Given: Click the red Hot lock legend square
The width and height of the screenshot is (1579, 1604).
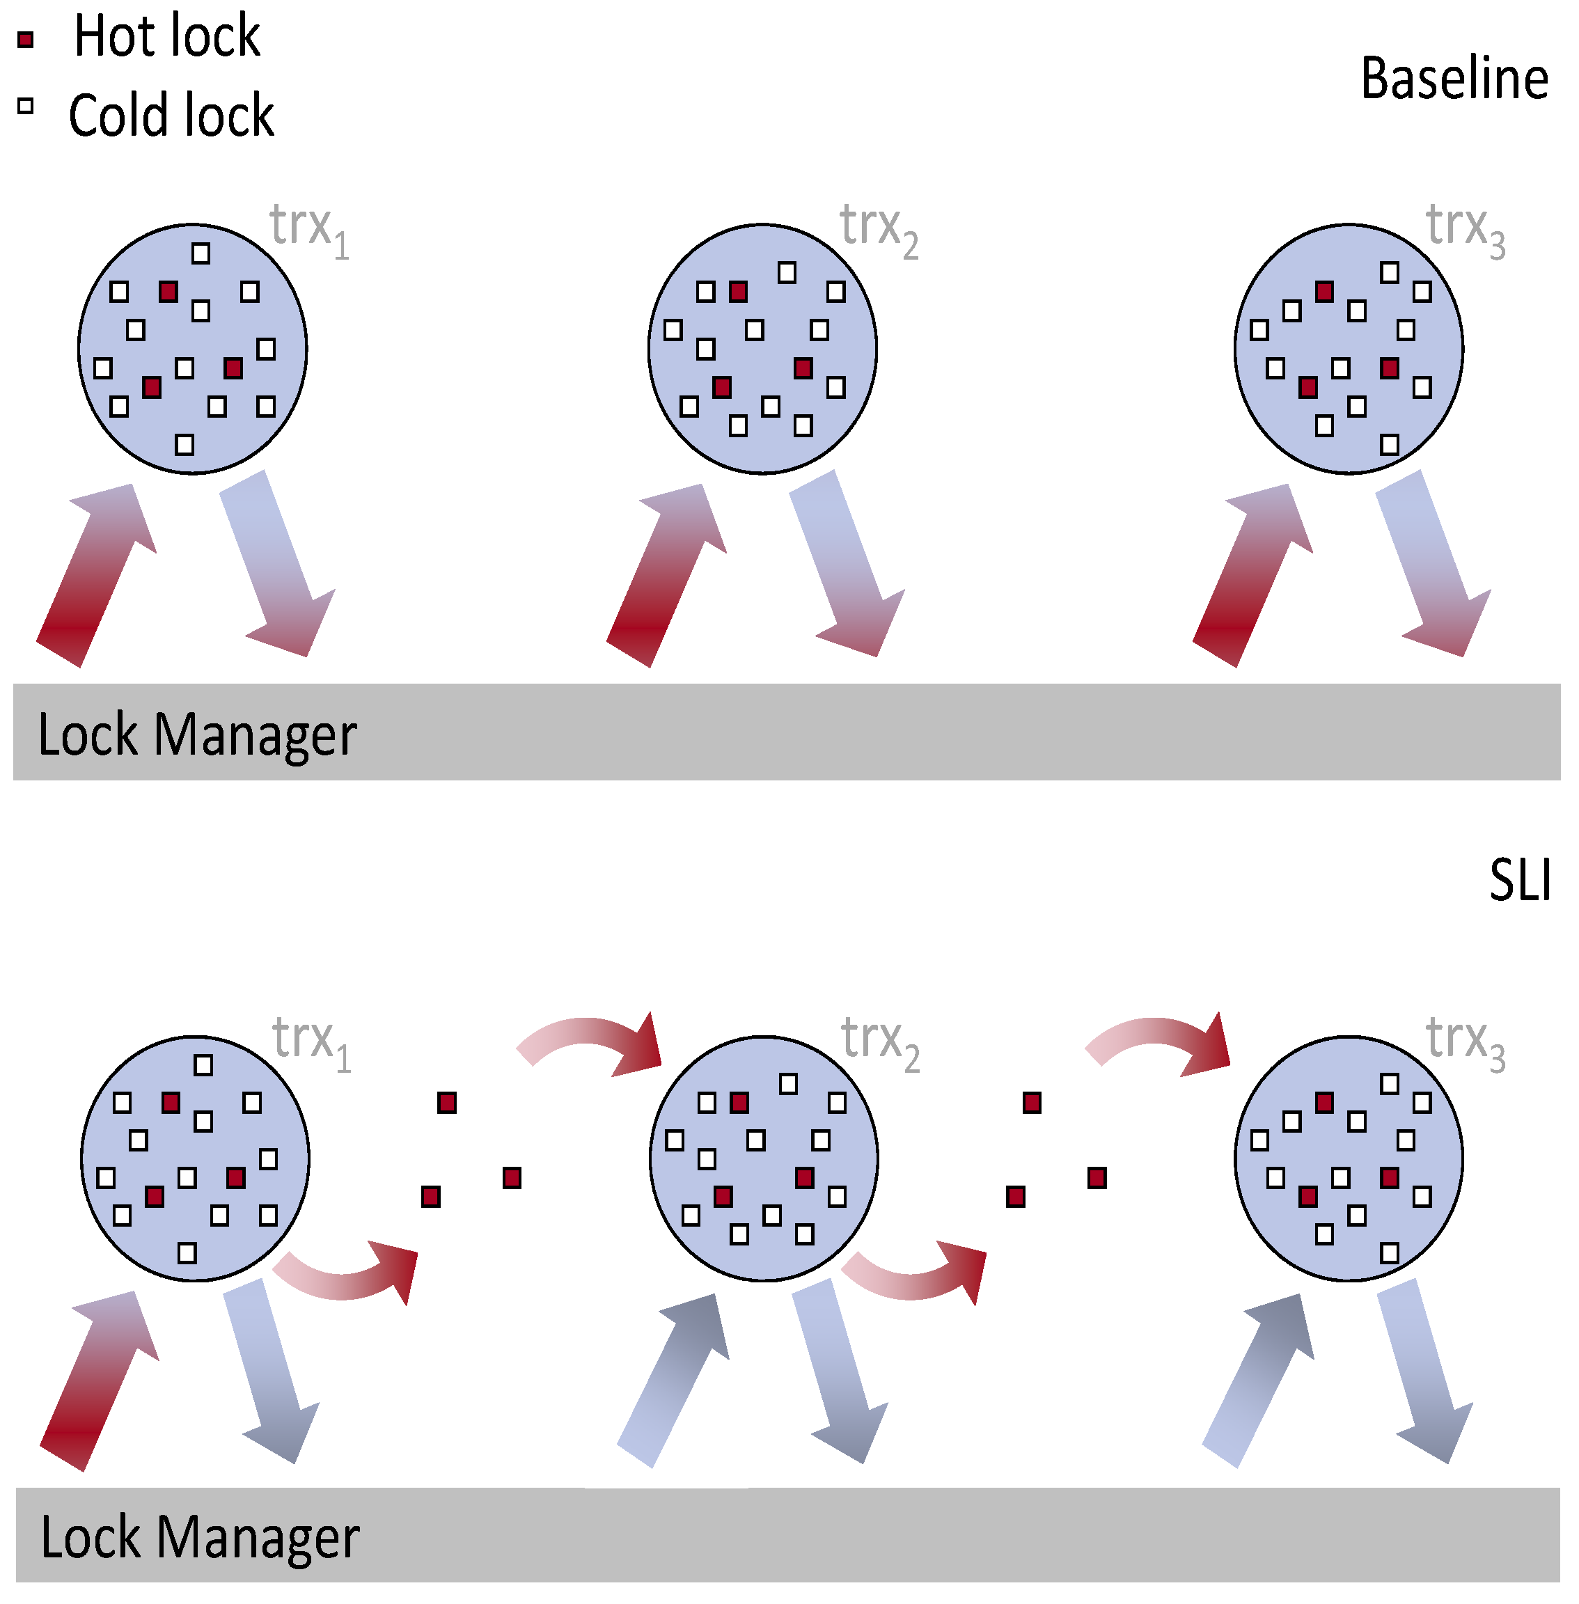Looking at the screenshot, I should coord(26,39).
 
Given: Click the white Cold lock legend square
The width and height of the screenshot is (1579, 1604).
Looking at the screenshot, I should coord(26,106).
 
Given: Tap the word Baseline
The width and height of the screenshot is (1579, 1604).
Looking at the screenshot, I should coord(1454,79).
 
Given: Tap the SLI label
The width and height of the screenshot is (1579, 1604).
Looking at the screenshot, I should coord(1519,880).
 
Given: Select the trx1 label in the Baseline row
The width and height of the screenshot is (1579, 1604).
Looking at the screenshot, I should coord(309,230).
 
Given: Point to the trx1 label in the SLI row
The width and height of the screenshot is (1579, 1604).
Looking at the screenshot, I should coord(312,1042).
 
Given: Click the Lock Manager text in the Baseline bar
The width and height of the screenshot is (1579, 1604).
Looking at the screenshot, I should coord(198,735).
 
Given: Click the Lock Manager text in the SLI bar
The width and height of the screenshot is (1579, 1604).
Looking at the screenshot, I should coord(200,1537).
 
